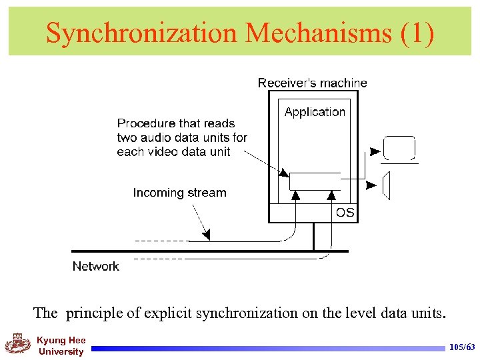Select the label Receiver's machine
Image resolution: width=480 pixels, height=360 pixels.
pos(312,83)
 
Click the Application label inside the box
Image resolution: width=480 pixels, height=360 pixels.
pos(315,112)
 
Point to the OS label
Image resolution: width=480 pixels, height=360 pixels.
pos(345,213)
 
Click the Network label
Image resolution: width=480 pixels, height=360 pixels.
pos(95,266)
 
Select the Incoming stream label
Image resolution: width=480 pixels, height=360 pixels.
pos(179,193)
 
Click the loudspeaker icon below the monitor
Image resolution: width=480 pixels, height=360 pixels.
pos(386,185)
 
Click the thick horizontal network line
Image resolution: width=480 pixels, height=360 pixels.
pos(210,251)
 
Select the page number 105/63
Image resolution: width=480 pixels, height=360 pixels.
pos(463,347)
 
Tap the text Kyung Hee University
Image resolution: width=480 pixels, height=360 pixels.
pos(61,346)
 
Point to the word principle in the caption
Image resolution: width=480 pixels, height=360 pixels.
pos(91,312)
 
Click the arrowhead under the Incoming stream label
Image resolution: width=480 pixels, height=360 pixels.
pos(206,235)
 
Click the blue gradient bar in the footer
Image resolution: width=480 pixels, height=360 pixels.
pos(267,348)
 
